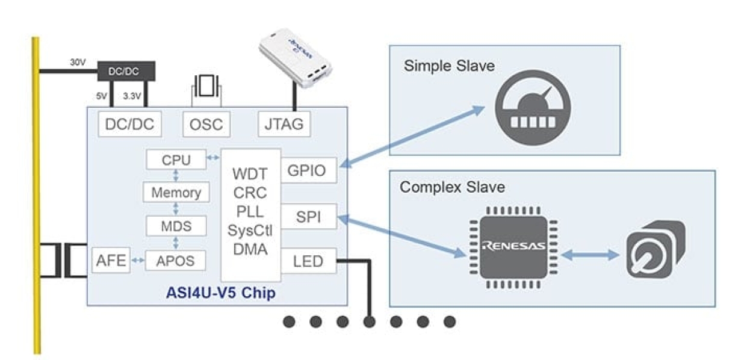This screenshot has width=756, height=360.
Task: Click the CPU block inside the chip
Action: click(176, 160)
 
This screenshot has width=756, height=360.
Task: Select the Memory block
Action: click(176, 193)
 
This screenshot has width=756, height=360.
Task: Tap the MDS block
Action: click(176, 226)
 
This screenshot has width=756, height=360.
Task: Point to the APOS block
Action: click(176, 260)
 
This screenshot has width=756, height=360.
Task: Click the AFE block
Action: click(111, 260)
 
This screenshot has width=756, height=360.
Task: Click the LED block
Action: click(308, 261)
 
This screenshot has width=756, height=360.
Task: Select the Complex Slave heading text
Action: click(451, 187)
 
